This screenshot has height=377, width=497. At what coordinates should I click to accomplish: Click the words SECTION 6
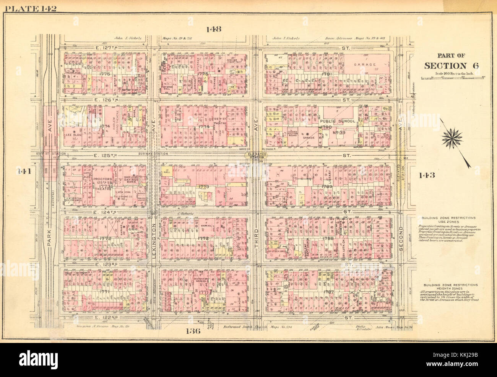[451, 65]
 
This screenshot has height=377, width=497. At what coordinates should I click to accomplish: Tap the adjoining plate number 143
[427, 175]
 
